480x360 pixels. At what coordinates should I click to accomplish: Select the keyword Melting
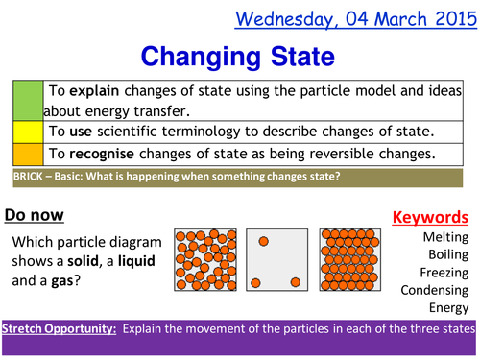pyautogui.click(x=445, y=236)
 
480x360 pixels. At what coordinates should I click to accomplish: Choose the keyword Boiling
pyautogui.click(x=447, y=254)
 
